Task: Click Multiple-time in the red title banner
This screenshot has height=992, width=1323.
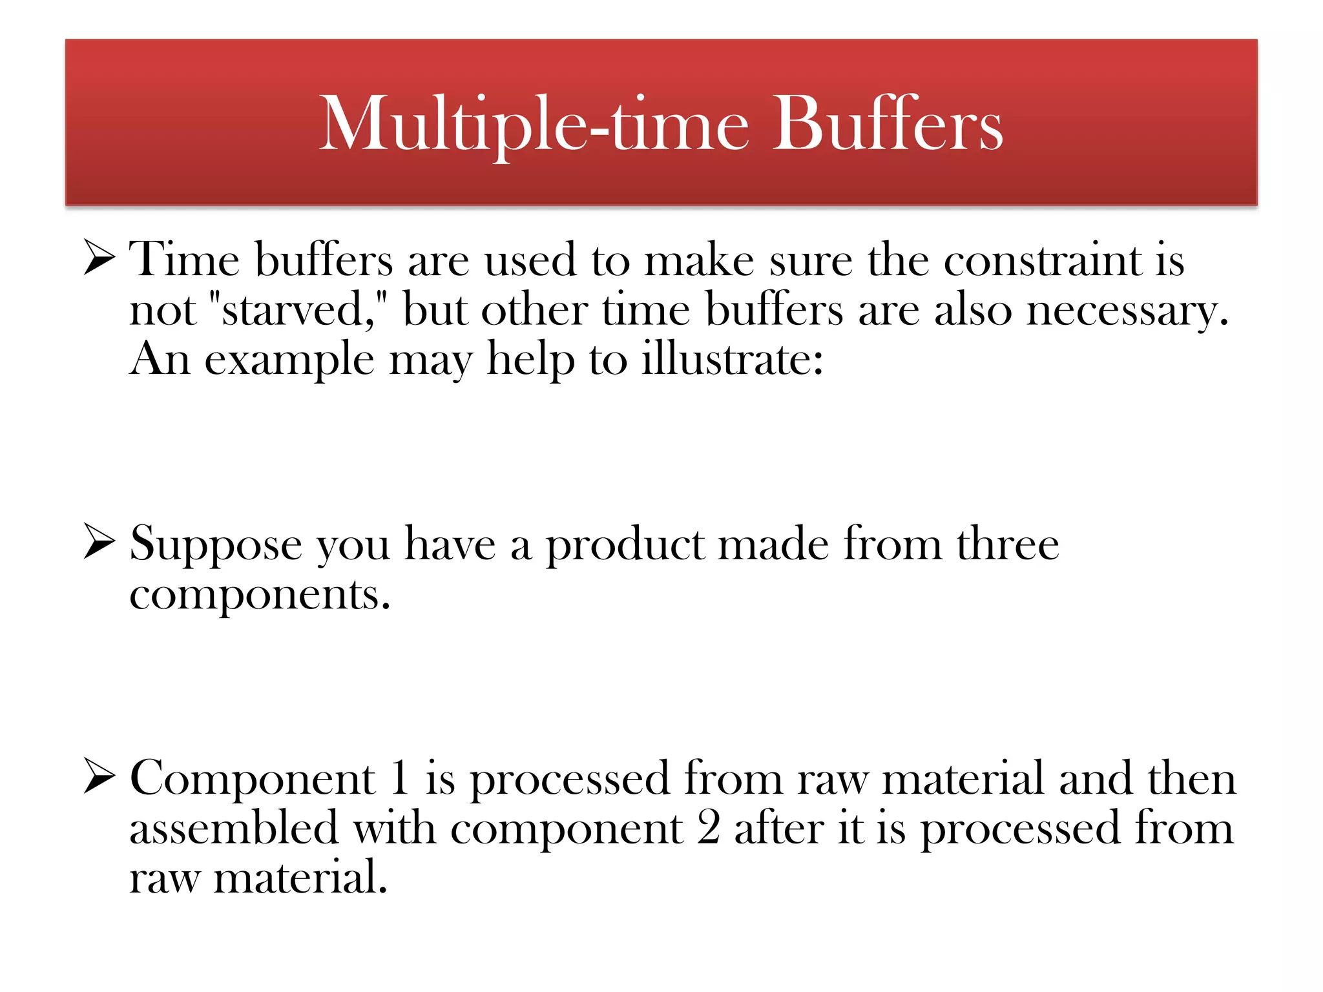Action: [x=534, y=123]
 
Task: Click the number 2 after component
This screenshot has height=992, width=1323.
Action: [x=708, y=828]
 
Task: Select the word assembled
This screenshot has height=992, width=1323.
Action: [x=234, y=828]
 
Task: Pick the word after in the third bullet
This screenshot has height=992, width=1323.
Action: [x=778, y=828]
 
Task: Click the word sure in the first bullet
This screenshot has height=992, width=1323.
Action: [x=811, y=260]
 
